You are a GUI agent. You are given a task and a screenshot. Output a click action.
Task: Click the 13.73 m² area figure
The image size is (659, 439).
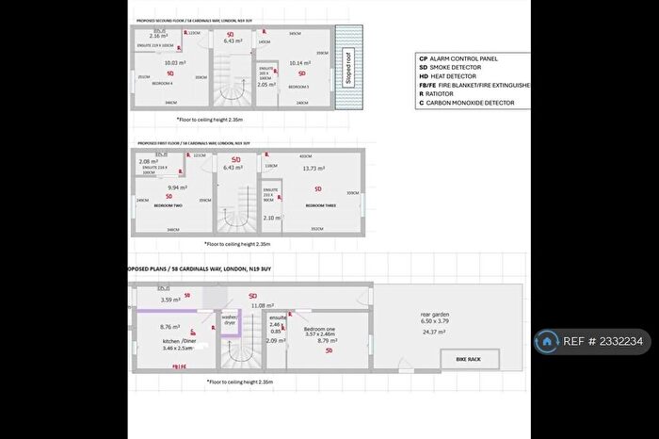pyautogui.click(x=313, y=169)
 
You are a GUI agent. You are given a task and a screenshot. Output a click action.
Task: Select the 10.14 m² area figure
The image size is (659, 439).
pyautogui.click(x=301, y=63)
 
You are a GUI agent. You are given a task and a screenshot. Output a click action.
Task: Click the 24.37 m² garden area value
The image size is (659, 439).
pyautogui.click(x=434, y=332)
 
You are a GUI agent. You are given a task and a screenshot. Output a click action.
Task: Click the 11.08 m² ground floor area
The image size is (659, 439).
pyautogui.click(x=264, y=305)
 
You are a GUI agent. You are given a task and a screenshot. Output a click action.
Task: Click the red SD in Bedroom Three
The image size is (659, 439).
pyautogui.click(x=317, y=187)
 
